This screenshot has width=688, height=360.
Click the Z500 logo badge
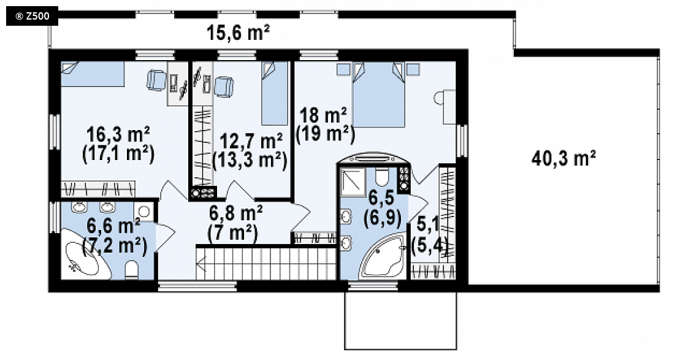click(x=32, y=17)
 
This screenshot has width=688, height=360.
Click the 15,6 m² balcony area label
click(x=238, y=33)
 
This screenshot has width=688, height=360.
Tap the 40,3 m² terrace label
click(x=564, y=158)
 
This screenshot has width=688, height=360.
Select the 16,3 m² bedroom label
click(x=118, y=134)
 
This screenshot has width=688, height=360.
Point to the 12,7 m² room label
click(x=251, y=142)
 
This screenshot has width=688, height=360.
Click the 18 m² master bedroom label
click(x=323, y=116)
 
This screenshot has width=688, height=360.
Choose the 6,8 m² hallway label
click(x=235, y=214)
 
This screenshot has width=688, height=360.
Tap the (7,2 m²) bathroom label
click(x=115, y=245)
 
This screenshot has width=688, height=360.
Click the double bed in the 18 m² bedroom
click(x=378, y=94)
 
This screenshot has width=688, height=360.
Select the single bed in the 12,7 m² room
click(x=275, y=93)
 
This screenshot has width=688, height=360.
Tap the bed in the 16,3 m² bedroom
click(x=93, y=74)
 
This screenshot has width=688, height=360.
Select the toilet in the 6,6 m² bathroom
click(x=132, y=270)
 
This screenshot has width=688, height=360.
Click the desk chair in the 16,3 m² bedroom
click(x=156, y=81)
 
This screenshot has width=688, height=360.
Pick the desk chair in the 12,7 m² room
click(x=224, y=86)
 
